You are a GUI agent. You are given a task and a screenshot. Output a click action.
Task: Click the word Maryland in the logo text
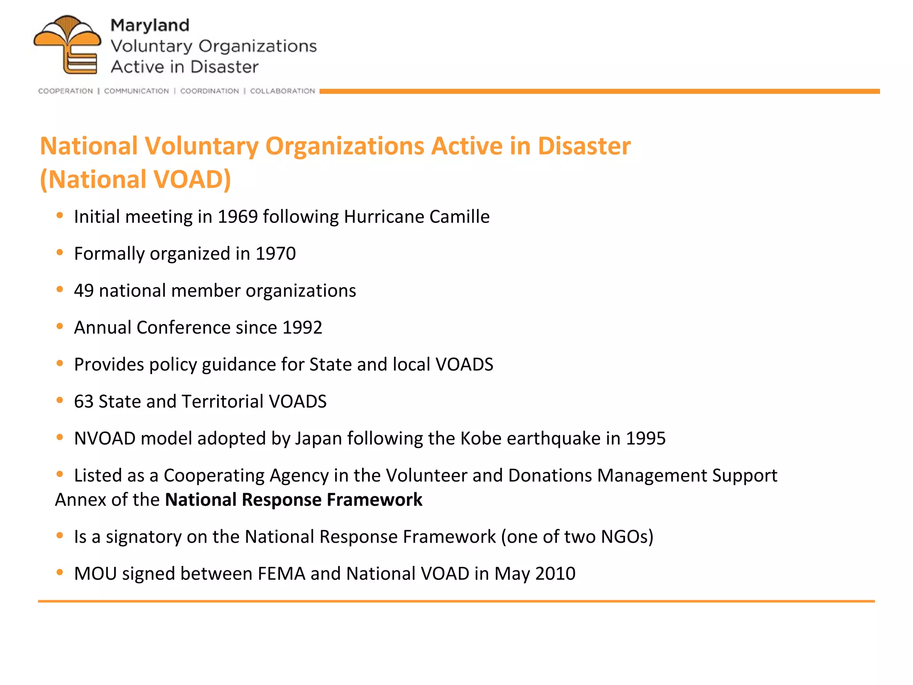coord(150,25)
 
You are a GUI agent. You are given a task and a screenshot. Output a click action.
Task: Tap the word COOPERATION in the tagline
coord(66,91)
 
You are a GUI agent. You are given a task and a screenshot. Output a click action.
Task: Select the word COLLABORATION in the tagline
coord(282,91)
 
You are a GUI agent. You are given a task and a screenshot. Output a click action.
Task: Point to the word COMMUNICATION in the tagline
coord(136,91)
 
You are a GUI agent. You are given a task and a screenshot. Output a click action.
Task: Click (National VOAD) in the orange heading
coord(136,179)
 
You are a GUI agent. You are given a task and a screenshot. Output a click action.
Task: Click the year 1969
coord(238,217)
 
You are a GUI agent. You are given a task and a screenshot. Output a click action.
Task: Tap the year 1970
coord(276,254)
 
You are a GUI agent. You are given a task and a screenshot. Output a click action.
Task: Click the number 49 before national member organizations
coord(84,291)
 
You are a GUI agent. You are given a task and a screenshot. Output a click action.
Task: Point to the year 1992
coord(302,328)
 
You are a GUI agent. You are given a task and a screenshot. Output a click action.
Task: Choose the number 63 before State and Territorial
coord(84,401)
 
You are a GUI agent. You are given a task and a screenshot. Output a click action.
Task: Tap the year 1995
coord(646,438)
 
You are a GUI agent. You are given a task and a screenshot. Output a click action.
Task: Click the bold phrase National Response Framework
coord(293,500)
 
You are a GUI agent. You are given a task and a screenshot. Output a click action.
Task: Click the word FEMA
coord(281,574)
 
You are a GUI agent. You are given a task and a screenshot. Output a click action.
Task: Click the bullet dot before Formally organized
coord(60,252)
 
